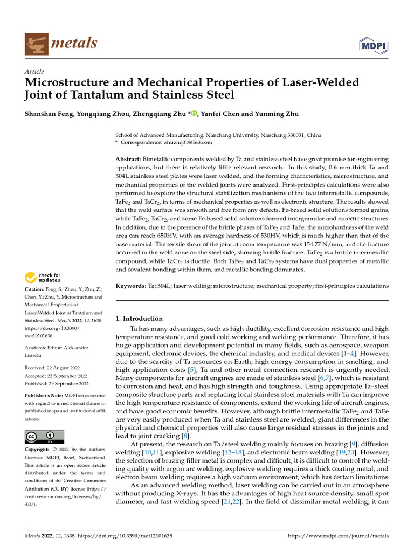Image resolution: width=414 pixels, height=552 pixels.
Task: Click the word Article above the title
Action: coord(34,72)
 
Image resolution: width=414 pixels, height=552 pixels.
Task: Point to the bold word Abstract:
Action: coord(128,161)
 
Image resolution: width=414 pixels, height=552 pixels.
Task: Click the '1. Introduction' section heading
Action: coord(139,319)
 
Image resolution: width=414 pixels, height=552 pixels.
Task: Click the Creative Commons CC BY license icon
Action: coord(45,437)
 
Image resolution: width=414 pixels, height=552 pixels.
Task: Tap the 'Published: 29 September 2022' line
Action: coord(57,384)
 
